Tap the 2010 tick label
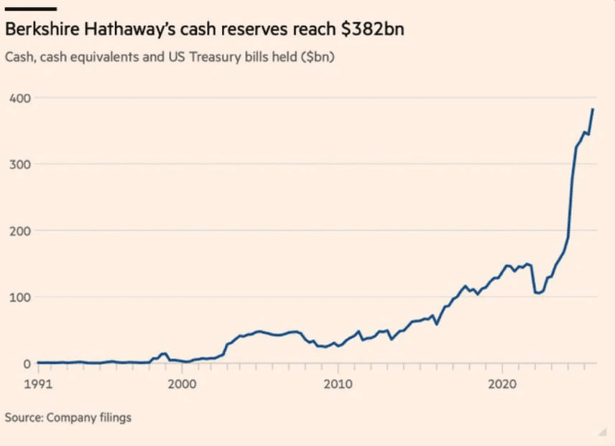338,384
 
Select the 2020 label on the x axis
501,384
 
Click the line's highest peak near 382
593,109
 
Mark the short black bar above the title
31,9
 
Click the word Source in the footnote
23,417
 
